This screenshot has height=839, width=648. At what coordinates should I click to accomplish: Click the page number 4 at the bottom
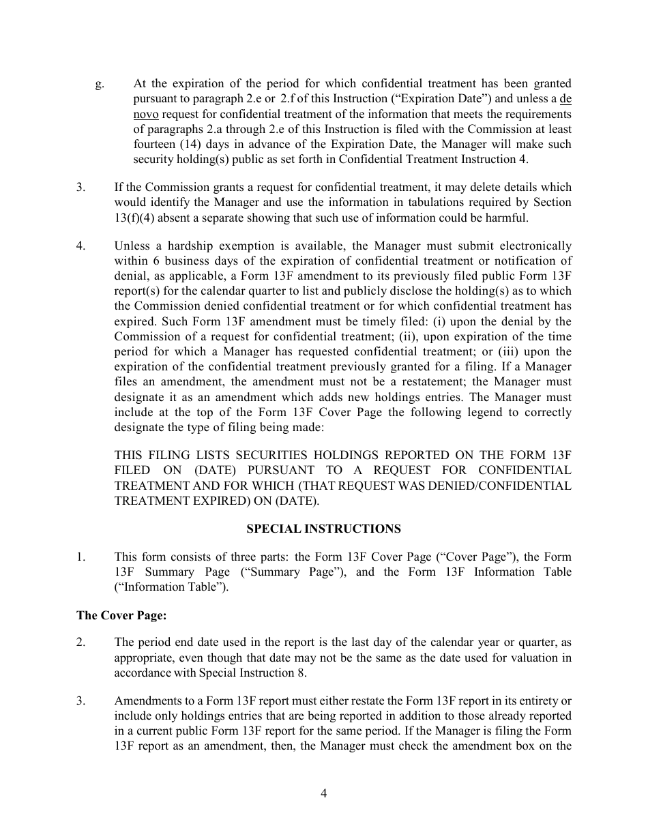324,793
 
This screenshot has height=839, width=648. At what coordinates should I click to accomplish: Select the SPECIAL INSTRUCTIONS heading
323,529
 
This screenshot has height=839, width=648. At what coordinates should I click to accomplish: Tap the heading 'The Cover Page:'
121,615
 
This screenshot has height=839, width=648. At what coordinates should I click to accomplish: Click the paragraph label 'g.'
100,84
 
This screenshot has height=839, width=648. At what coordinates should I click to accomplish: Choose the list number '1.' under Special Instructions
81,557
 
